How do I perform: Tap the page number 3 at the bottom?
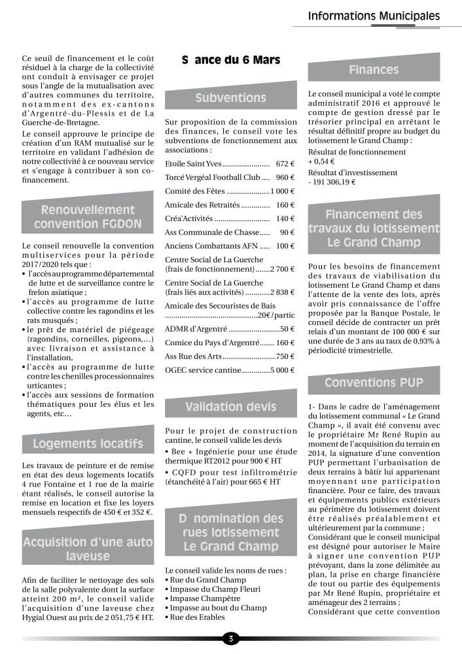pyautogui.click(x=230, y=638)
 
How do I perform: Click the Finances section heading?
pyautogui.click(x=374, y=70)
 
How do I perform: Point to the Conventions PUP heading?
pyautogui.click(x=374, y=382)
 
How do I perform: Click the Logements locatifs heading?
pyautogui.click(x=87, y=444)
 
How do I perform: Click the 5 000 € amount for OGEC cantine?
pyautogui.click(x=278, y=370)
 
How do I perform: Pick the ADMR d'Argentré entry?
pyautogui.click(x=196, y=329)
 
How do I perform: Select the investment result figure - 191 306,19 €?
pyautogui.click(x=332, y=182)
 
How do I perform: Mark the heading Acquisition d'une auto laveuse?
pyautogui.click(x=87, y=549)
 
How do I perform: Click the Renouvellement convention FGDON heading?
pyautogui.click(x=87, y=218)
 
